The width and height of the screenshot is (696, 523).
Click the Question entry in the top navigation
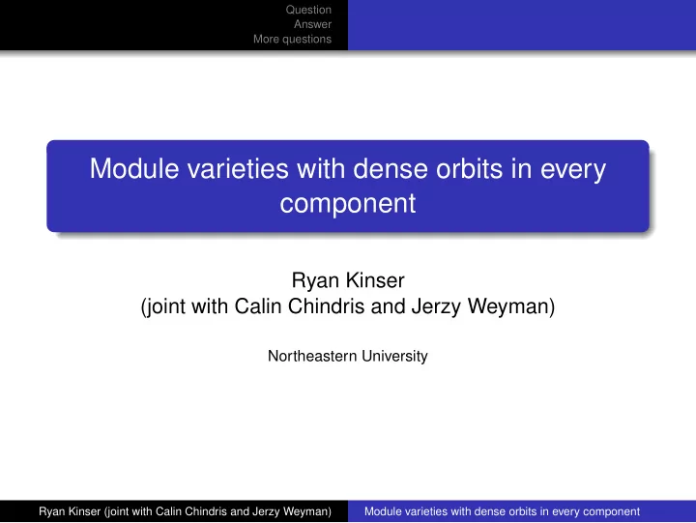pyautogui.click(x=308, y=10)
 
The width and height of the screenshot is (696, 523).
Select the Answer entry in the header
pyautogui.click(x=312, y=24)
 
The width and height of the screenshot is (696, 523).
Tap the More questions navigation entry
pyautogui.click(x=293, y=39)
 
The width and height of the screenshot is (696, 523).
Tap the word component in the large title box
pyautogui.click(x=348, y=205)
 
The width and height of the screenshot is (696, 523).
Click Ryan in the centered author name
pyautogui.click(x=315, y=281)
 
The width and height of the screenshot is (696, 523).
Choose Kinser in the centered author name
pyautogui.click(x=375, y=280)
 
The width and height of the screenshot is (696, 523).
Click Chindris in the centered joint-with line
pyautogui.click(x=327, y=306)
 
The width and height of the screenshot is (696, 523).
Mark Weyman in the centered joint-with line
pyautogui.click(x=511, y=307)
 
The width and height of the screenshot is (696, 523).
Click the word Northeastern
pyautogui.click(x=312, y=356)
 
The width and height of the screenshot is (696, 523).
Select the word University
pyautogui.click(x=394, y=357)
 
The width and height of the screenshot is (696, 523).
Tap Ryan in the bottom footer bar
pyautogui.click(x=50, y=512)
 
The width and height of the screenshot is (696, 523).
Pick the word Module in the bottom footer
pyautogui.click(x=382, y=511)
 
